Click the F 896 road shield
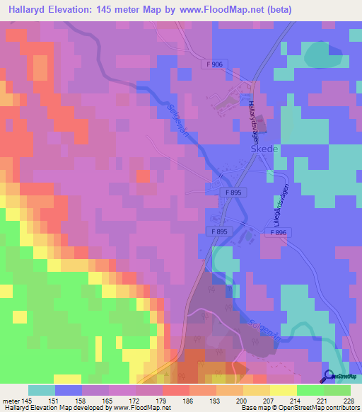coord(281,231)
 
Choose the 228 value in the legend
coord(347,401)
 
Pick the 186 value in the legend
coord(188,401)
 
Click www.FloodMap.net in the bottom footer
coord(139,408)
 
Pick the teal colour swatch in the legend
coord(42,390)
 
